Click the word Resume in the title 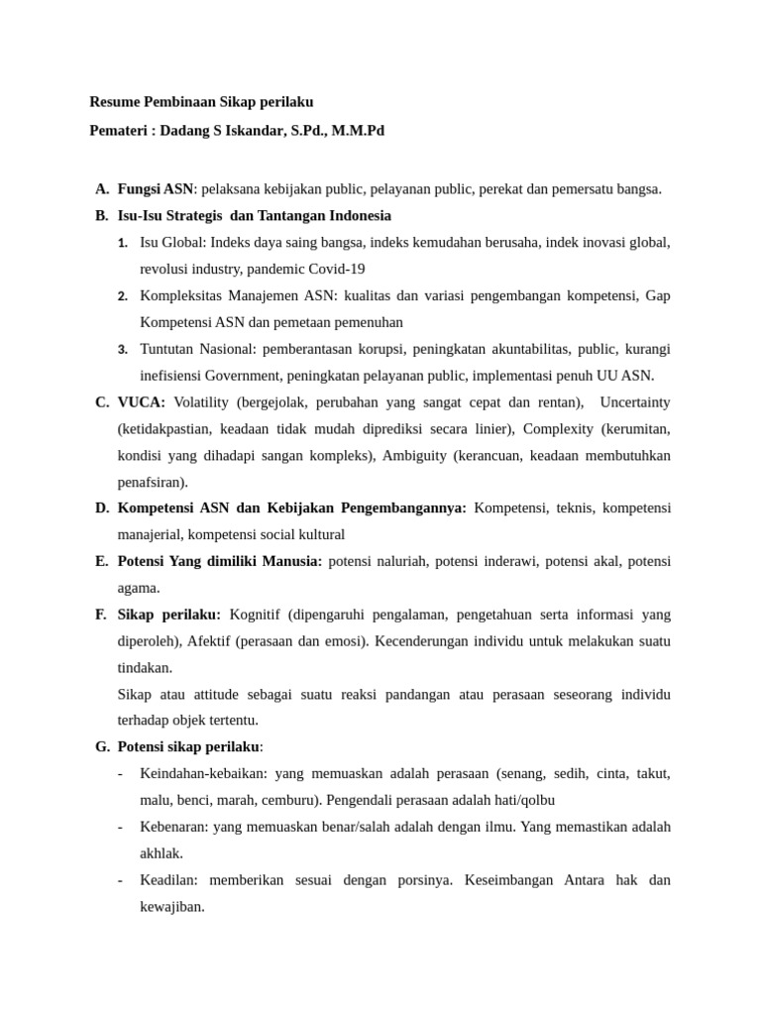(113, 101)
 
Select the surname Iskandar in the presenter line (253, 130)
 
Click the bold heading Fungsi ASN (156, 188)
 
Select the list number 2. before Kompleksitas (123, 296)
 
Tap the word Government (241, 376)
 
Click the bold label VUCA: (142, 402)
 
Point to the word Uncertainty (634, 402)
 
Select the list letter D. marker (102, 508)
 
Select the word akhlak (161, 853)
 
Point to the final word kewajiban (171, 906)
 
